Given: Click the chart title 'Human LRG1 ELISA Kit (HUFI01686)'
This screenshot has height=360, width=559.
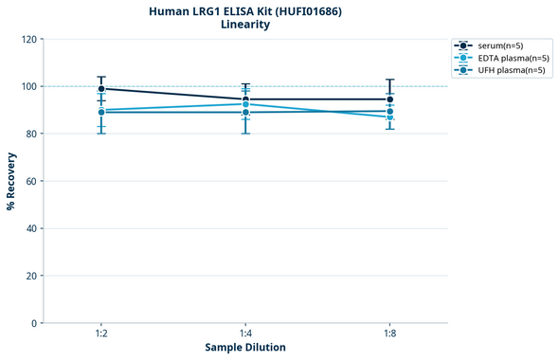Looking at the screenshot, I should pos(245,11).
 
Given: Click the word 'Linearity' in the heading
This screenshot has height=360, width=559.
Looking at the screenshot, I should pos(245,26).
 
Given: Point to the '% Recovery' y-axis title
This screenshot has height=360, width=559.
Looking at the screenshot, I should pos(11,180).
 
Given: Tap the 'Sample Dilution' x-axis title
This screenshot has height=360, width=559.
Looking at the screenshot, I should pos(245,347).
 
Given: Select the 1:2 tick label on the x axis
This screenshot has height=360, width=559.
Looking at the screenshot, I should pos(101,333).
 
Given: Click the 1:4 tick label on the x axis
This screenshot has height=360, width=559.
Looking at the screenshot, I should pos(245,333).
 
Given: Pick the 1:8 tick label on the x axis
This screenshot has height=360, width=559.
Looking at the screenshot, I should pos(389,333).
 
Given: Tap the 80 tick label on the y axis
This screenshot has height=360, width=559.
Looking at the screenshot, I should pos(30,134).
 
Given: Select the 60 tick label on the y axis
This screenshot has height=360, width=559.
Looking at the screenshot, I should pos(30,181).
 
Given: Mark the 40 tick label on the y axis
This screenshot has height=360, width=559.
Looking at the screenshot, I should pos(30,228).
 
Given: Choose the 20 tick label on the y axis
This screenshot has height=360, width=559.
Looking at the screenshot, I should pos(30,276).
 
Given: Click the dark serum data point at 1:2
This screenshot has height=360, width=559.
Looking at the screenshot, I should pos(101,89).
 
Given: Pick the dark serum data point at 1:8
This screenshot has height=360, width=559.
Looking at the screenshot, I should pos(389,99).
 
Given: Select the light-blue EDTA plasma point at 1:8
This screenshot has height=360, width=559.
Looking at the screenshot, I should pos(389,117).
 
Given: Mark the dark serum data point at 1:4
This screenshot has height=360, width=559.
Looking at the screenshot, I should pos(245,99).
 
